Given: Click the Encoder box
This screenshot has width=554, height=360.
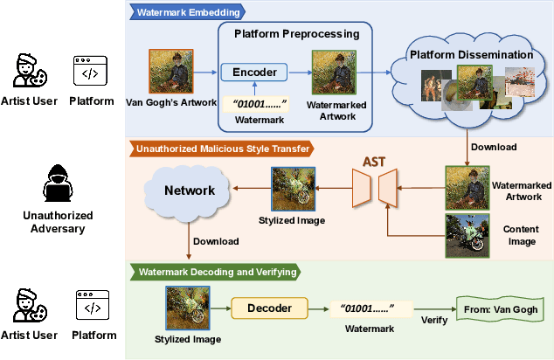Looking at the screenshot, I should (x=253, y=73).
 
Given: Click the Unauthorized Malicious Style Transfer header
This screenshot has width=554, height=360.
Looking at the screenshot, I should (x=223, y=149).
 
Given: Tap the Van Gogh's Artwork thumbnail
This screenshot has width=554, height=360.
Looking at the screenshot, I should (x=169, y=70).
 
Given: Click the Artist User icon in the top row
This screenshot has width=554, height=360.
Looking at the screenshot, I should (x=26, y=71).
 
